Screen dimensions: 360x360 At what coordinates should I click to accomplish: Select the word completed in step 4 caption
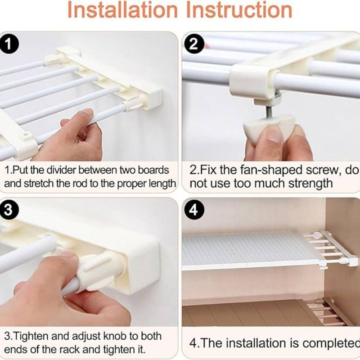click(333, 343)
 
